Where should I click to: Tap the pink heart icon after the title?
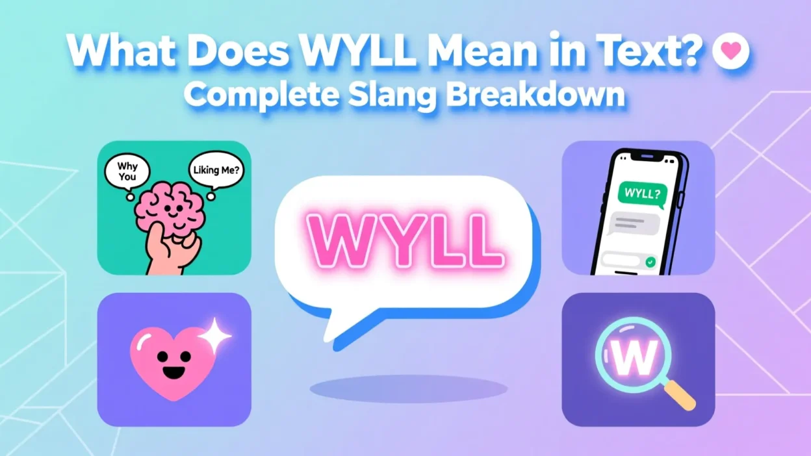730,52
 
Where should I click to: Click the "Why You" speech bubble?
127,171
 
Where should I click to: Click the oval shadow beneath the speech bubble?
408,388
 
